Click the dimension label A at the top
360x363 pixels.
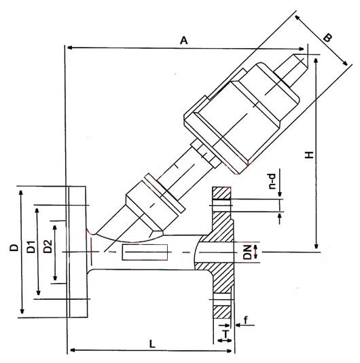tap(183, 40)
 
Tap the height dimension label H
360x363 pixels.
tap(309, 155)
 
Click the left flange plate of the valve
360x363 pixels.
tap(78, 251)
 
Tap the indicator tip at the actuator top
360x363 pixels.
tap(300, 62)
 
